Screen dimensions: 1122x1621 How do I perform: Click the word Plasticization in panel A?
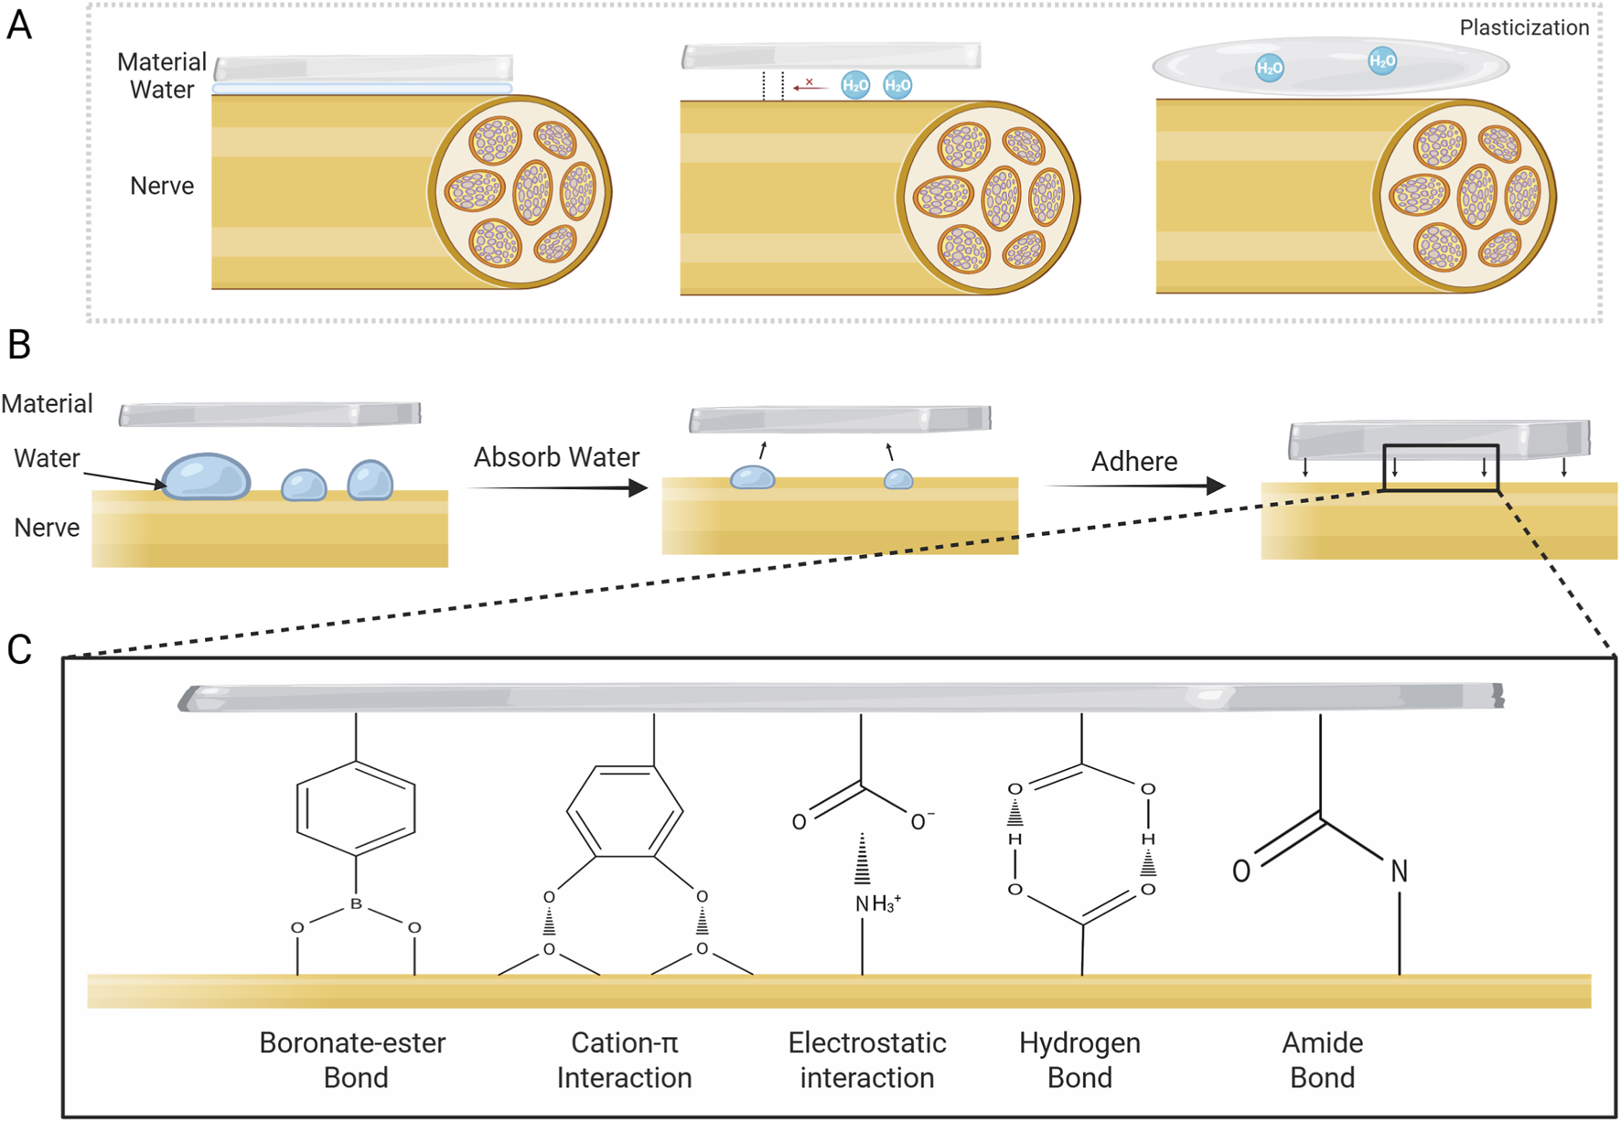[x=1523, y=27]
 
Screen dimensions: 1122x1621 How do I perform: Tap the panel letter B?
[x=19, y=345]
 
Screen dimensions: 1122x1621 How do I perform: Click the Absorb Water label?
[x=556, y=457]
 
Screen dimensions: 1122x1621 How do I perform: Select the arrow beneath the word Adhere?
[x=1134, y=486]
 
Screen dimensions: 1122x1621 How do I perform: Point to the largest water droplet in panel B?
[x=207, y=476]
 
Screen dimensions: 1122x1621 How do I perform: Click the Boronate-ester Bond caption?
[x=353, y=1060]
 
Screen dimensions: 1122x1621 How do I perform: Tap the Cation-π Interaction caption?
[x=624, y=1060]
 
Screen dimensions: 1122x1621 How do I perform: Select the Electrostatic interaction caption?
[x=866, y=1060]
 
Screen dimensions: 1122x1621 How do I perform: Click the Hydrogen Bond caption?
[x=1079, y=1060]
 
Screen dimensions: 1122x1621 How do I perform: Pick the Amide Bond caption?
[x=1322, y=1060]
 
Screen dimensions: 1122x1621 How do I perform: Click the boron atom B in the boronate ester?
[x=356, y=904]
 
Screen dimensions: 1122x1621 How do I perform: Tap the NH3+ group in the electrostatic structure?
[x=877, y=904]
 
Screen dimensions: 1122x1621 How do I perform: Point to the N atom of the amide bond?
[x=1399, y=871]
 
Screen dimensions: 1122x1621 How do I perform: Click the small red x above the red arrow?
[x=809, y=82]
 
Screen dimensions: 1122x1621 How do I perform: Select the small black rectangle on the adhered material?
[x=1440, y=467]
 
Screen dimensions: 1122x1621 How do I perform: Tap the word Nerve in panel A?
[x=162, y=186]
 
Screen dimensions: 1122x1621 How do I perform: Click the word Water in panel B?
[x=47, y=458]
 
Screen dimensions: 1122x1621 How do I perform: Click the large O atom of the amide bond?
[x=1241, y=871]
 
